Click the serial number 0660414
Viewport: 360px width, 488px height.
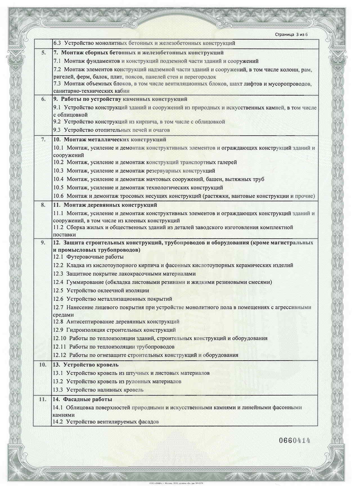coord(294,440)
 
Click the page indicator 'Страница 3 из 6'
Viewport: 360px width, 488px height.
coord(291,35)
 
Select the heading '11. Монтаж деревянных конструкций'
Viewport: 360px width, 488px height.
coord(105,205)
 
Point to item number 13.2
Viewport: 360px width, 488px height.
coord(58,381)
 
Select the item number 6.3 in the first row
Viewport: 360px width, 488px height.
coord(57,43)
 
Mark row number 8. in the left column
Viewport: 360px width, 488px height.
coord(43,205)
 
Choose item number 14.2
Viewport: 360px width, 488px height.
coord(58,422)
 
